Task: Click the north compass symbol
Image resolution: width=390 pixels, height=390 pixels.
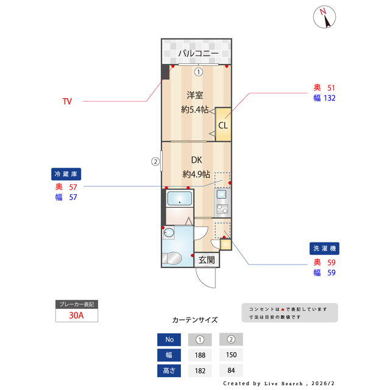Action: pyautogui.click(x=325, y=18)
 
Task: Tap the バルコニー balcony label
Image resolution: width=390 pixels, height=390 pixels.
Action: pyautogui.click(x=198, y=54)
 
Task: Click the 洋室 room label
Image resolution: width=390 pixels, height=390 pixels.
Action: pyautogui.click(x=195, y=95)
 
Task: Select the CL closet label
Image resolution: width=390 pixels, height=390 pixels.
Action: pyautogui.click(x=223, y=126)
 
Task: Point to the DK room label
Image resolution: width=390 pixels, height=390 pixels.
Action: pyautogui.click(x=196, y=160)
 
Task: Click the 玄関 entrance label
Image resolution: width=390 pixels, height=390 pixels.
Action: pyautogui.click(x=207, y=260)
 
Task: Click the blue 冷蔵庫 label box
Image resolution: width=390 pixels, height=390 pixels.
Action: pyautogui.click(x=65, y=174)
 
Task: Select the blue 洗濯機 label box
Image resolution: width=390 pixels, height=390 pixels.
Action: pyautogui.click(x=325, y=249)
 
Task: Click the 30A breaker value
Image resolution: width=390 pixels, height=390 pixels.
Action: pyautogui.click(x=76, y=316)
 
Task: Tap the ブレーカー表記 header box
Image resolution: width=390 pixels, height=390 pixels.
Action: pyautogui.click(x=76, y=304)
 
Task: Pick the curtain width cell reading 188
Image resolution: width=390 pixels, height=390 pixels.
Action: pyautogui.click(x=200, y=355)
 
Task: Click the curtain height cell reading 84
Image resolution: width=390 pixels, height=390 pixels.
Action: pyautogui.click(x=231, y=370)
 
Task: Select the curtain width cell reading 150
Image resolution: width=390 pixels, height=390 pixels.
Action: pyautogui.click(x=231, y=355)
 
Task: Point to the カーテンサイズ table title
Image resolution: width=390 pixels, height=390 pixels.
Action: pyautogui.click(x=195, y=320)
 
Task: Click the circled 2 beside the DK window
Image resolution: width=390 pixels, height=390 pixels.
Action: pyautogui.click(x=155, y=162)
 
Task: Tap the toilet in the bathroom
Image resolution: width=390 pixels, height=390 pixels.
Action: pyautogui.click(x=174, y=257)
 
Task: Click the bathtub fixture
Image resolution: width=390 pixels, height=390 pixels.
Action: pyautogui.click(x=179, y=199)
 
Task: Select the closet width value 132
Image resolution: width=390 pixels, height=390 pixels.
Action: pyautogui.click(x=330, y=97)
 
